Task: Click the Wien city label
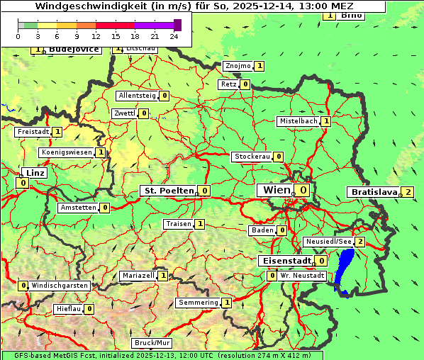[x=276, y=190]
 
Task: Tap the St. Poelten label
[x=168, y=191]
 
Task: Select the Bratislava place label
[x=373, y=192]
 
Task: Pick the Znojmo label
[x=238, y=66]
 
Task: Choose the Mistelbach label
[x=298, y=121]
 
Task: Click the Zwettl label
[x=125, y=113]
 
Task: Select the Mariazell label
[x=138, y=276]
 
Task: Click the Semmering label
[x=198, y=303]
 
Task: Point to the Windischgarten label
[x=60, y=286]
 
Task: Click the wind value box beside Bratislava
[x=408, y=192]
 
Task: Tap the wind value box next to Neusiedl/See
[x=360, y=242]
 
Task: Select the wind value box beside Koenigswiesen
[x=101, y=152]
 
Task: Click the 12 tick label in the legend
[x=96, y=35]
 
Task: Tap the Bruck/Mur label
[x=152, y=343]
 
